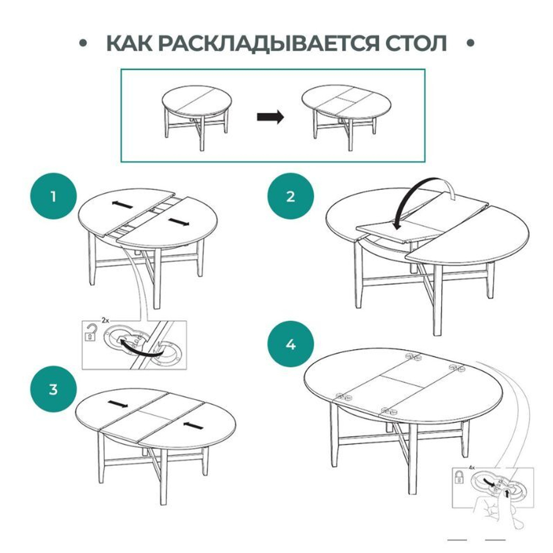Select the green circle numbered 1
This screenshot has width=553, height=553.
point(54,196)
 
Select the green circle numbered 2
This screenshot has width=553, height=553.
point(291,196)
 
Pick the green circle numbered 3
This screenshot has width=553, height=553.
point(54,389)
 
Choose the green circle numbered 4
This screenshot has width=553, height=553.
point(291,344)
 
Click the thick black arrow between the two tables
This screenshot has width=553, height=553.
point(270,117)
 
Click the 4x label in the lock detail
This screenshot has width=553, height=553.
point(471,468)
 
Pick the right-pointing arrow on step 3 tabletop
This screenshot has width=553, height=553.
point(117,404)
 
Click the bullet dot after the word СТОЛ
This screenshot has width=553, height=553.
point(471,43)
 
